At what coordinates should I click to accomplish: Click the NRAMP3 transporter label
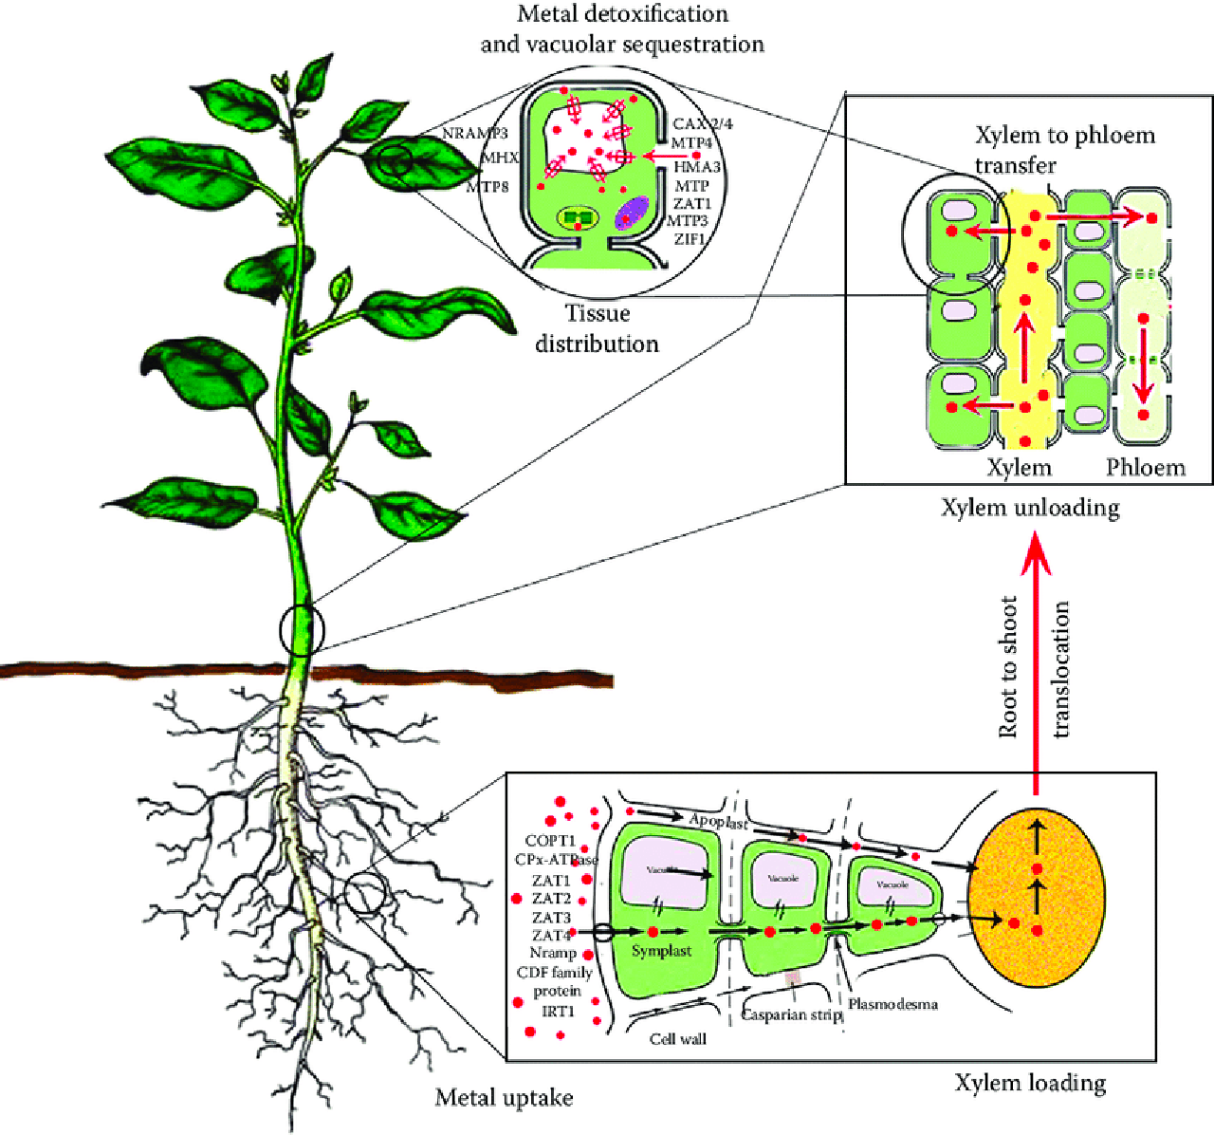(475, 134)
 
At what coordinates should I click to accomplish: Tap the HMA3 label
(697, 167)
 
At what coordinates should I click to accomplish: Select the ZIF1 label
(690, 239)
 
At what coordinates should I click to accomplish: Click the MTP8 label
(487, 187)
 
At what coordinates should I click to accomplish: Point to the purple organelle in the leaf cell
(631, 213)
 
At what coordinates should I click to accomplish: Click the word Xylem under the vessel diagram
(1020, 467)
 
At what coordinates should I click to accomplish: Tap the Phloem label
(1145, 467)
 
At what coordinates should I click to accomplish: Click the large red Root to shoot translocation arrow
(1035, 664)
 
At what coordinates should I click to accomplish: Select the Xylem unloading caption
(1030, 508)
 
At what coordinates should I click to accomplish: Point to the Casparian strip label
(791, 1014)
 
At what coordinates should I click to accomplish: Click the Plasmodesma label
(892, 1004)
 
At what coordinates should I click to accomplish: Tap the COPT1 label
(550, 841)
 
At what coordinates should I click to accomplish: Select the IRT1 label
(559, 1012)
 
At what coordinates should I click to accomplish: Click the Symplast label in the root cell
(661, 951)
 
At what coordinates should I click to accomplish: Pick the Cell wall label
(678, 1039)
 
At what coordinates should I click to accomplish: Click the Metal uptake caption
(504, 1098)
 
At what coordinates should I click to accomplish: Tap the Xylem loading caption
(1030, 1083)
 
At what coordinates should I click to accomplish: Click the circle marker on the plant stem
(302, 629)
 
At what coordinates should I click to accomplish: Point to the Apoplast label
(718, 822)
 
